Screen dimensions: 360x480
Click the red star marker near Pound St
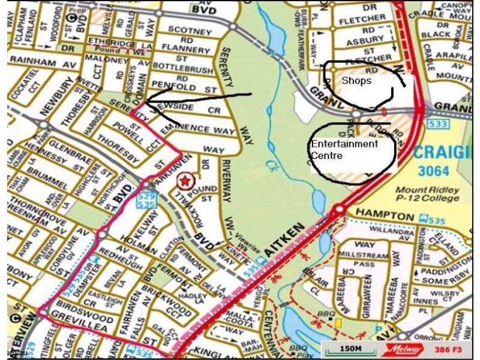click(186, 179)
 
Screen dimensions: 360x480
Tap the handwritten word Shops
click(356, 80)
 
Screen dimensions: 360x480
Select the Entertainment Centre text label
click(344, 149)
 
